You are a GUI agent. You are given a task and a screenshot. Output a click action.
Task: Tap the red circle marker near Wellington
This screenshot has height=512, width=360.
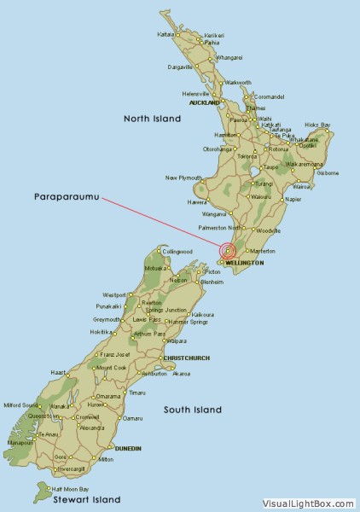coord(227,251)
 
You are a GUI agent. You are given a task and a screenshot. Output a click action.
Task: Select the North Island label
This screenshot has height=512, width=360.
coord(152,119)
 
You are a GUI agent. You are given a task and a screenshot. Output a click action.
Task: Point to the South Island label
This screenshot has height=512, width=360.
coord(193,410)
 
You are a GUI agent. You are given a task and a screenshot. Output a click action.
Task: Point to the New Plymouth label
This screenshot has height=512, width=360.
coord(183,177)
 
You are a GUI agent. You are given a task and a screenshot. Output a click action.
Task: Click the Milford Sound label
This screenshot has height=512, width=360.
coord(19,405)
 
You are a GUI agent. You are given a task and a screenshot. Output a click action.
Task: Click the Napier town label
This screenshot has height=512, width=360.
coord(293,199)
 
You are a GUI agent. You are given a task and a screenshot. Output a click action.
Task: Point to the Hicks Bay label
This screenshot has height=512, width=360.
coord(317,125)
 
